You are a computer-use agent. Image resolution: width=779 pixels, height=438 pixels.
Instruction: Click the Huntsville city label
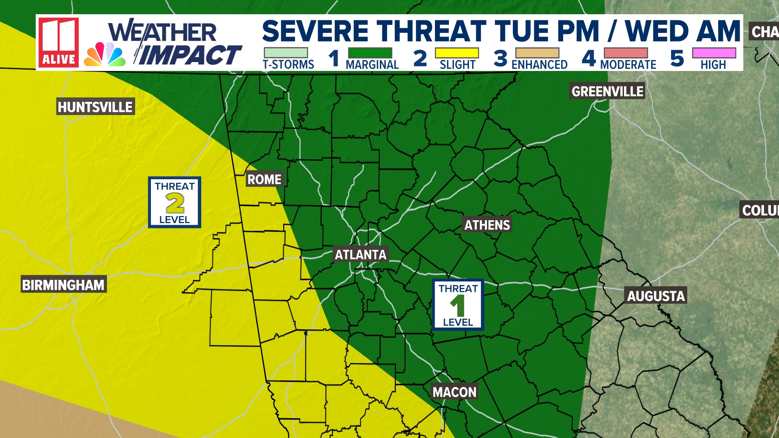click(95, 107)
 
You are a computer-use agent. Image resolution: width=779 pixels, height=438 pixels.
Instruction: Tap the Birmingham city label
click(63, 285)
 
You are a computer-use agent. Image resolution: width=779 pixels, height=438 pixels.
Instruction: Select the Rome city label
click(265, 179)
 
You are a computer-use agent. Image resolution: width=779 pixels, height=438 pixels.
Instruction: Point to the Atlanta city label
click(360, 255)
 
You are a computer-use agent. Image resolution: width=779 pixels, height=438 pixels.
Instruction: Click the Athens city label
click(487, 225)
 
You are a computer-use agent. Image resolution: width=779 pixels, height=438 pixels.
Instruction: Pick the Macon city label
click(454, 392)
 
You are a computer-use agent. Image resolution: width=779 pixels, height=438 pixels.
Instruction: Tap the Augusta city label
click(656, 296)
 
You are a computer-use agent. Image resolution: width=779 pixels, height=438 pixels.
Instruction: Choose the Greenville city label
click(607, 92)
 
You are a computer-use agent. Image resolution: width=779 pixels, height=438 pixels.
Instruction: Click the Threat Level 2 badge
click(174, 202)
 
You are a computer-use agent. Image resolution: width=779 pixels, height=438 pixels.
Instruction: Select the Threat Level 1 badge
click(458, 305)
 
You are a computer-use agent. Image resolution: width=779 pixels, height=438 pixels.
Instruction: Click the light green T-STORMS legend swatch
click(286, 53)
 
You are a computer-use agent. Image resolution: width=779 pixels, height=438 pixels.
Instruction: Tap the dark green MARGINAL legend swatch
click(370, 53)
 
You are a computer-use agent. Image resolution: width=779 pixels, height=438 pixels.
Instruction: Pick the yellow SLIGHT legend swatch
click(457, 53)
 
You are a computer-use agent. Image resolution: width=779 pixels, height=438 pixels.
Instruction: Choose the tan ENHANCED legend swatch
click(537, 53)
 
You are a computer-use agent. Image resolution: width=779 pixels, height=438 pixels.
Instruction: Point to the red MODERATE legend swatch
click(626, 53)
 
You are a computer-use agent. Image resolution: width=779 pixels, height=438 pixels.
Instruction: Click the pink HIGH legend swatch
click(714, 53)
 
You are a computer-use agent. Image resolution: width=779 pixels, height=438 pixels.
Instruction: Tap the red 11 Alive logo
click(58, 43)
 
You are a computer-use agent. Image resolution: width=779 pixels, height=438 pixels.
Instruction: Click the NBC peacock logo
click(105, 55)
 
